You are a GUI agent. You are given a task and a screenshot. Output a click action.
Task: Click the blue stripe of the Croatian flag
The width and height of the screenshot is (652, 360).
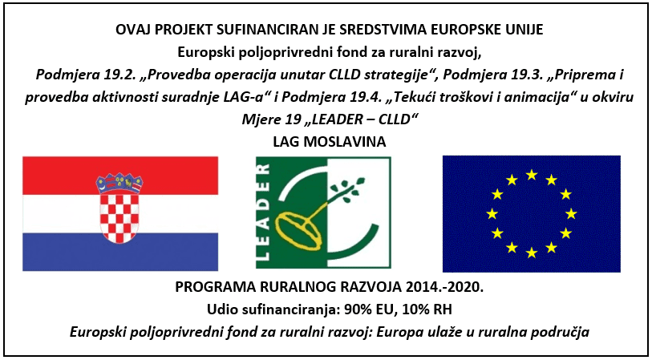119,253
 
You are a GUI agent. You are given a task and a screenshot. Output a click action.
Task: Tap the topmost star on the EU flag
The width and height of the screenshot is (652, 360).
531,174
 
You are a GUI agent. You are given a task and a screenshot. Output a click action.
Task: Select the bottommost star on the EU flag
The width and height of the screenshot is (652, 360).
531,253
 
